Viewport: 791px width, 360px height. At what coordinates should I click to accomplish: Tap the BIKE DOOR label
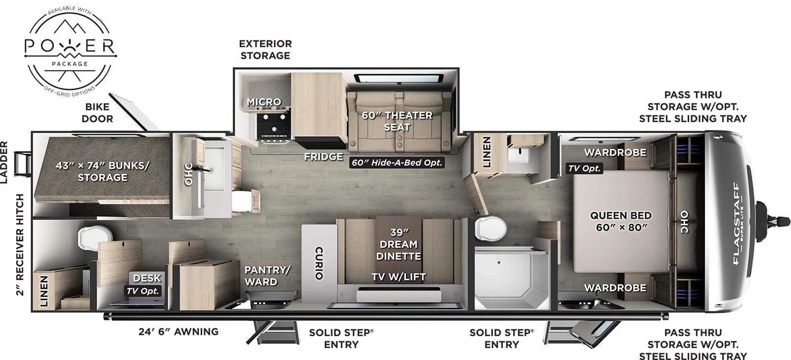point(97,113)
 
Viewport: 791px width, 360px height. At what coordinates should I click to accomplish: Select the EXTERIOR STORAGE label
point(265,49)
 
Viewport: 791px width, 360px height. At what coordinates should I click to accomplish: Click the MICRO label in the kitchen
point(264,102)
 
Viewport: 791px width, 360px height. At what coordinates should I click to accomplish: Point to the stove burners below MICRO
point(271,126)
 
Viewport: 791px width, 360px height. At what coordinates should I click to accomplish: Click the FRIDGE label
point(323,157)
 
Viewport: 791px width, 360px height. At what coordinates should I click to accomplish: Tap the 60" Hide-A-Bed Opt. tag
point(397,162)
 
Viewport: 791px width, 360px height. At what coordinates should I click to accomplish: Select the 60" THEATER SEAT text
point(397,121)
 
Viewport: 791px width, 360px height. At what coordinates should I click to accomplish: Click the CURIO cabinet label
point(319,263)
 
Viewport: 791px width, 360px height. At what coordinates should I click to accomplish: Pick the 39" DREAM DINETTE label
point(398,244)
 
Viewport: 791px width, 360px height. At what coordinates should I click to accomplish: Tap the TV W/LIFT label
point(398,277)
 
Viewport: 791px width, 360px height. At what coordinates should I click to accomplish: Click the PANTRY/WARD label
point(267,275)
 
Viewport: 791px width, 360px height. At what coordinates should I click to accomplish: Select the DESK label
point(147,278)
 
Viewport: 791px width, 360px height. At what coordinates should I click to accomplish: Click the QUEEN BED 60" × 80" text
point(620,221)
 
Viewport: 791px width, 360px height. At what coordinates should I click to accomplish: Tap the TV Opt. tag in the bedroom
point(584,168)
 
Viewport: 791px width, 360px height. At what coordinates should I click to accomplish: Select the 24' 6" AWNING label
point(178,331)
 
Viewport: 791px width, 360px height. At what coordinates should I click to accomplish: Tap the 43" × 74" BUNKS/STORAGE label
point(102,171)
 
